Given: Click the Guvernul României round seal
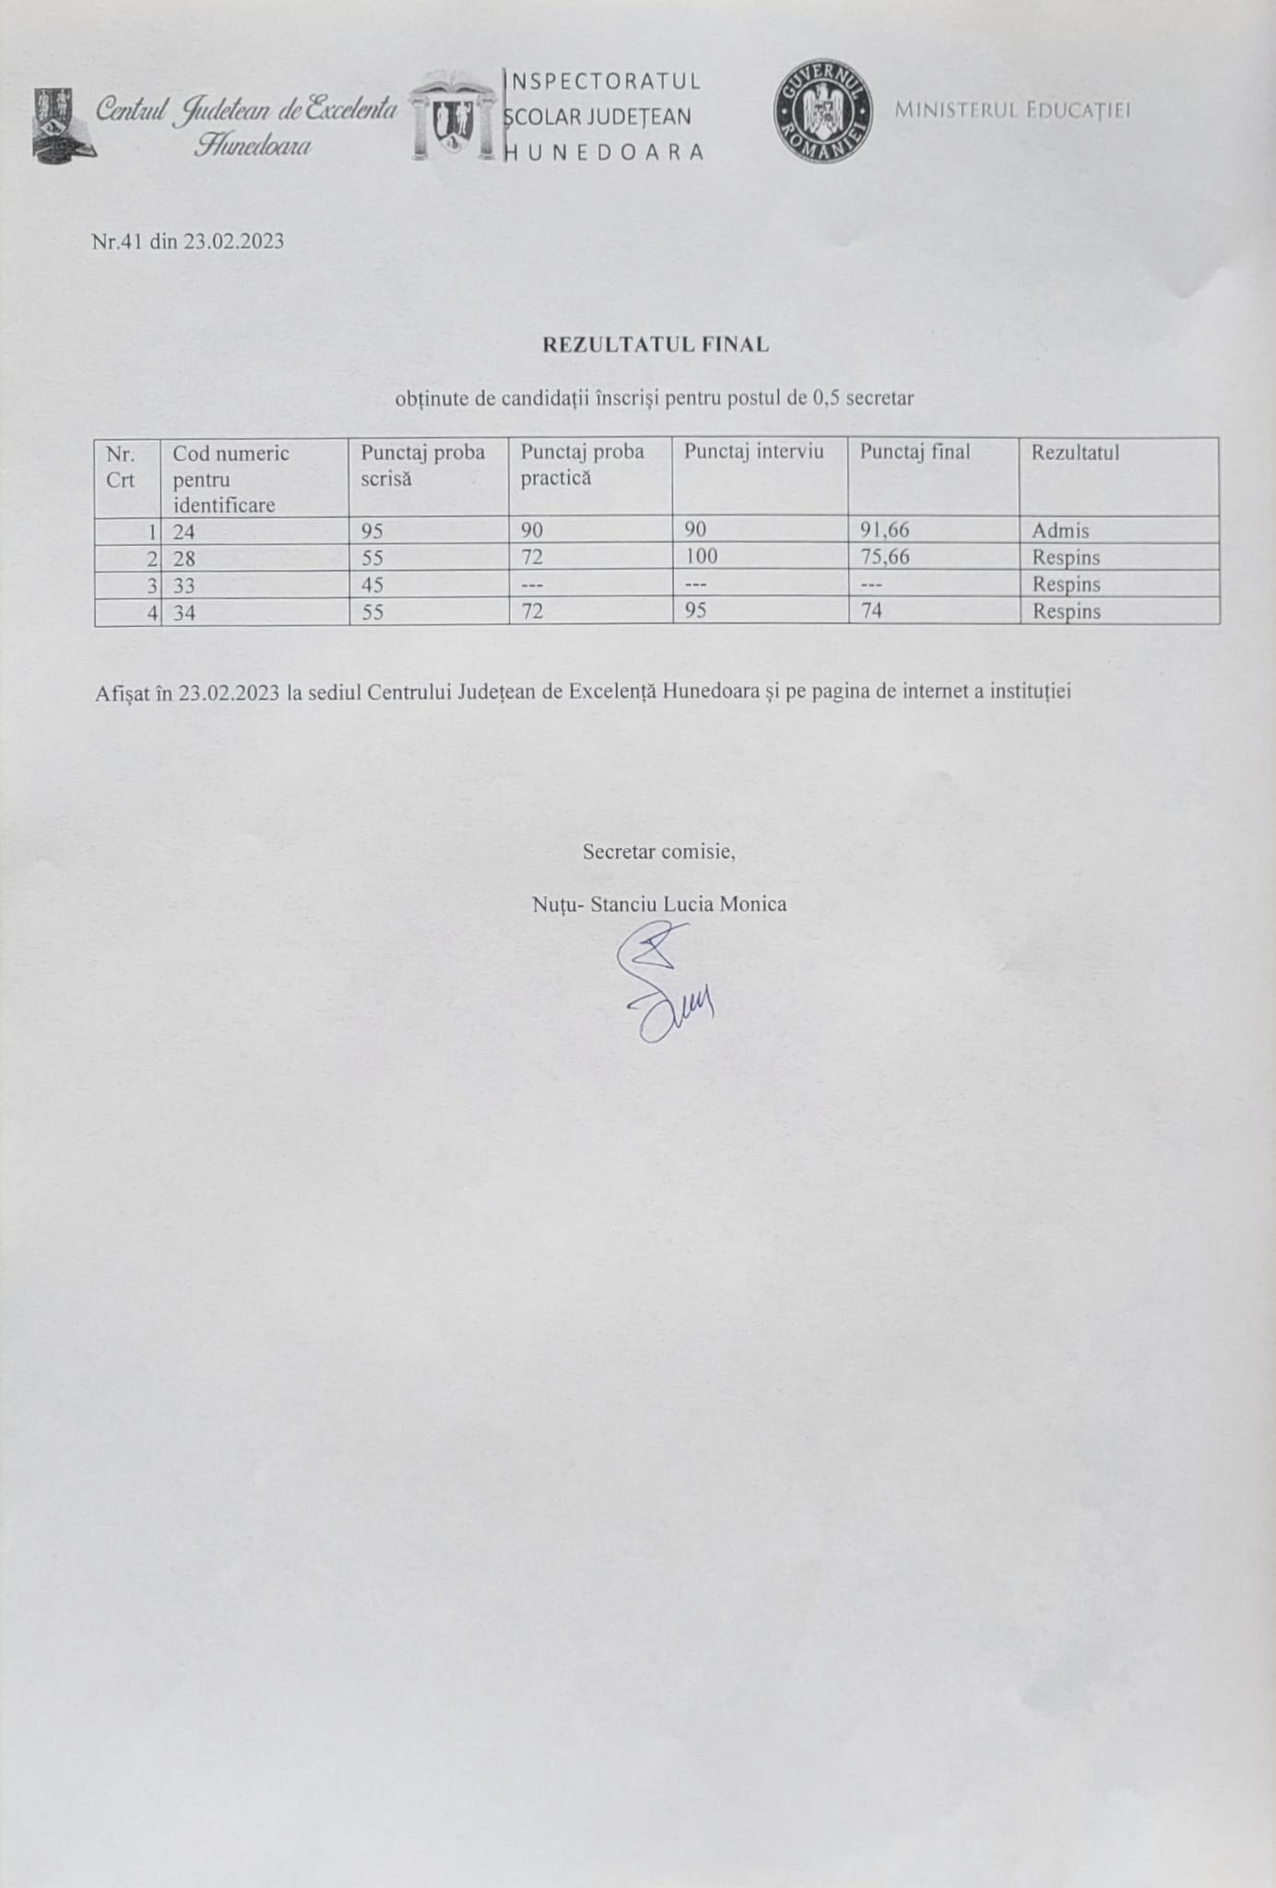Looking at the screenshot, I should (x=823, y=112).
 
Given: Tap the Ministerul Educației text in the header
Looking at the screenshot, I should (x=1012, y=111).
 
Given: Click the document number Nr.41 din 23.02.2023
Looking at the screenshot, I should (x=188, y=242).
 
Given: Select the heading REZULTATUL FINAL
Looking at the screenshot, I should (x=655, y=345).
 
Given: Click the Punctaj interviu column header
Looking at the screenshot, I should (x=753, y=452).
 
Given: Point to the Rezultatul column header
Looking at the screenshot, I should (x=1075, y=453).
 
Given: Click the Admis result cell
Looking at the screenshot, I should (x=1060, y=531).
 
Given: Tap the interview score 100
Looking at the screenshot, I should (x=701, y=557).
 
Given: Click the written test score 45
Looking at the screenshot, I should (x=372, y=585).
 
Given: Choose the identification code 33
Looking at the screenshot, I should (x=183, y=585).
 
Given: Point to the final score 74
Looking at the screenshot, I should (x=871, y=610).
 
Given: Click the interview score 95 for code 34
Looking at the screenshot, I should (x=696, y=610).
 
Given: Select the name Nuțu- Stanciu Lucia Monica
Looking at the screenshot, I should (x=659, y=904).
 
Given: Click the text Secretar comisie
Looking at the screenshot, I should (x=658, y=852).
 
